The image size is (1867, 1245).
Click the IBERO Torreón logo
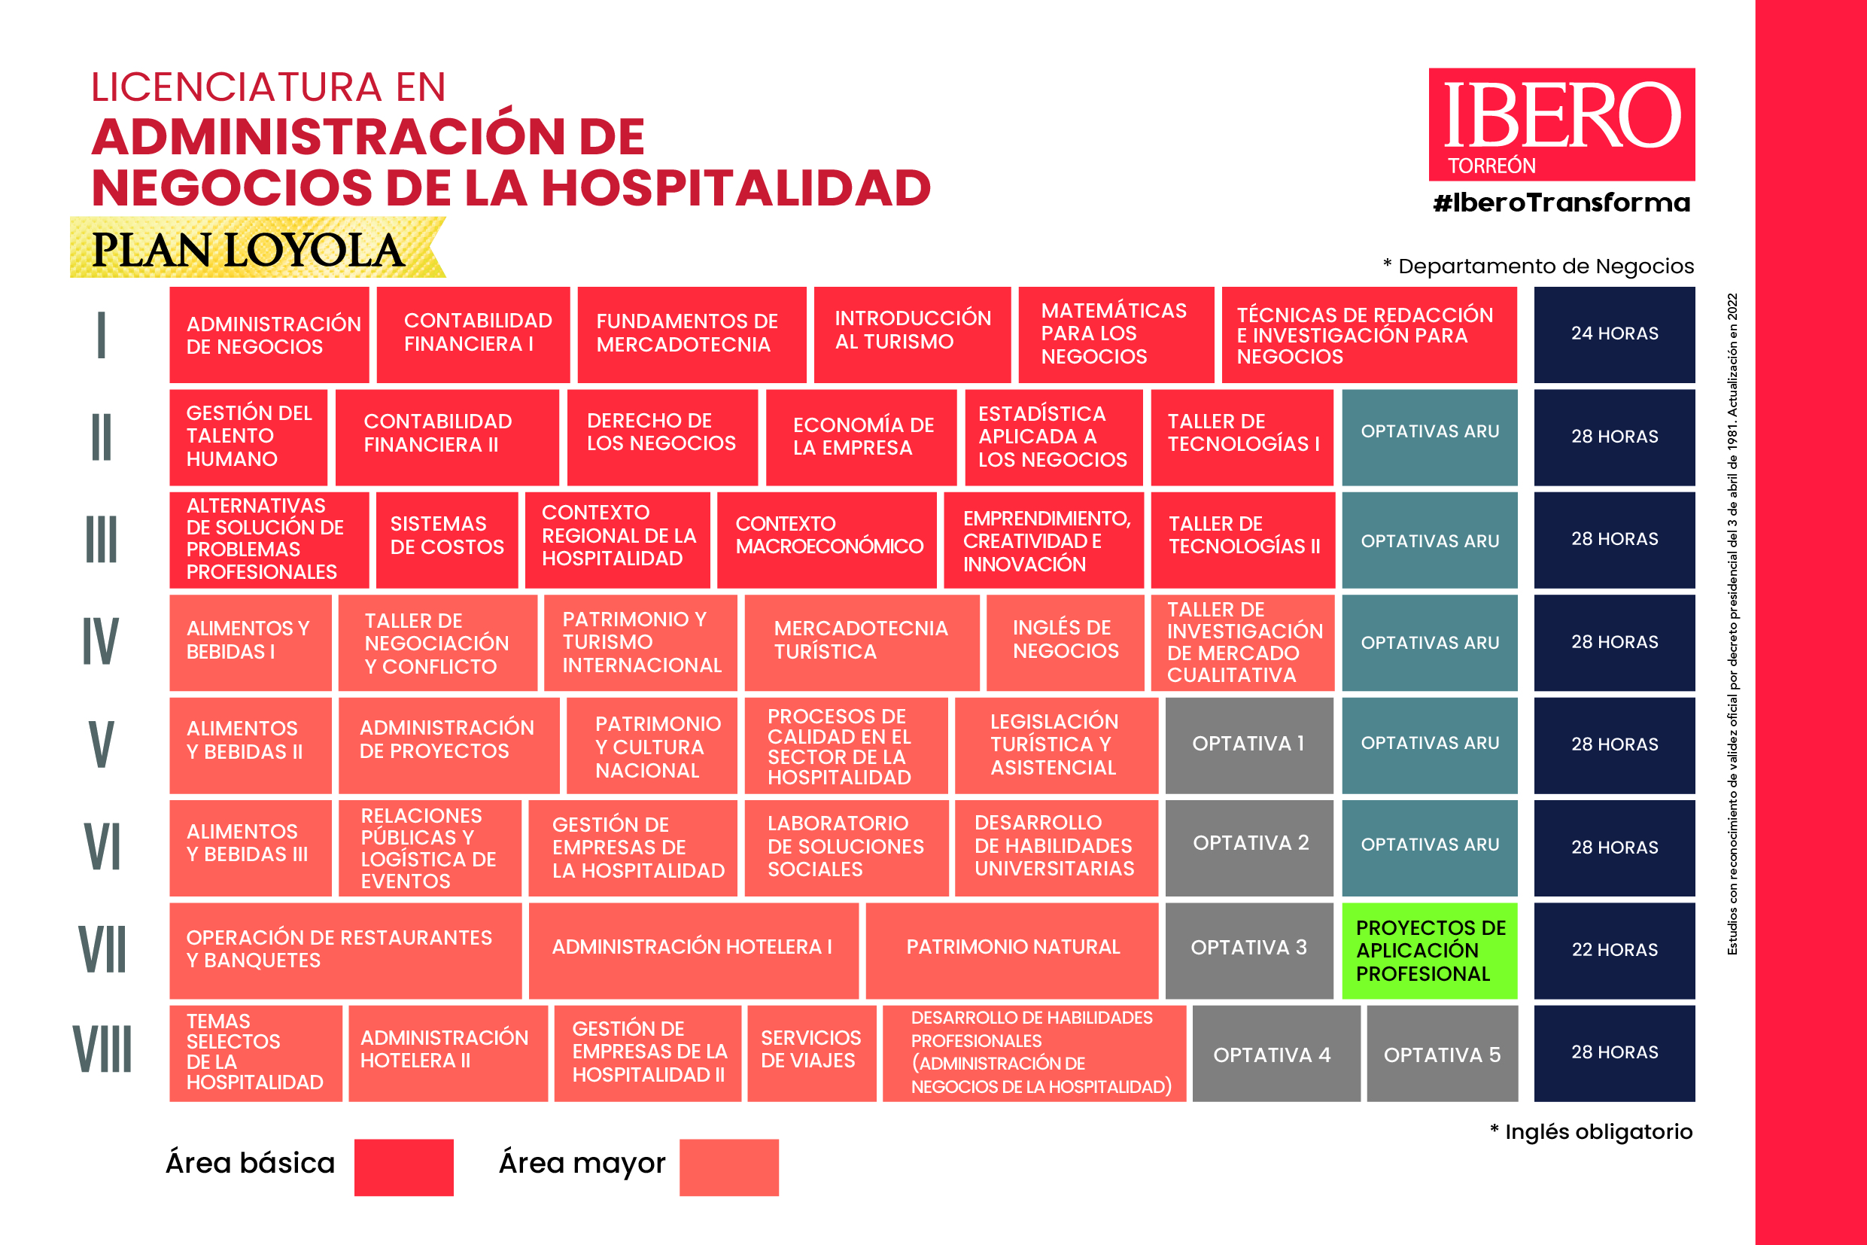pos(1561,125)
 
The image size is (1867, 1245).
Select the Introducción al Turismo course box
pos(912,334)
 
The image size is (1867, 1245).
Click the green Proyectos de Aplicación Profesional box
pos(1429,951)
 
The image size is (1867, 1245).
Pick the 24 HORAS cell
pos(1614,334)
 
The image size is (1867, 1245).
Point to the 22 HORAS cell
pos(1614,951)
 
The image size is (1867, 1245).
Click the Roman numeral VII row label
pos(102,951)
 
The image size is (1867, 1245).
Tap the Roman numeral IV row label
pos(101,642)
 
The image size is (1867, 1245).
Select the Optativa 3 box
pos(1248,951)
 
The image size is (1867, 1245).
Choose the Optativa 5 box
pos(1442,1054)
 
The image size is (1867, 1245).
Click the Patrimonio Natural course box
pos(1012,951)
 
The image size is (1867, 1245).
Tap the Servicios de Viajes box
pos(811,1054)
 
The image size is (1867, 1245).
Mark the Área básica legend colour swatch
pos(403,1167)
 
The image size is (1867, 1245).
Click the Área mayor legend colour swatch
pos(728,1167)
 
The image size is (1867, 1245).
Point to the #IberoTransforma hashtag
pos(1561,203)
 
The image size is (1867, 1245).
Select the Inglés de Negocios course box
pos(1065,642)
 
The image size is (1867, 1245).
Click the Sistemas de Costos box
pos(446,540)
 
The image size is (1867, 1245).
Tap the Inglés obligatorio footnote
pos(1591,1131)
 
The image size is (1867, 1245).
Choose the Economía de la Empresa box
pos(862,437)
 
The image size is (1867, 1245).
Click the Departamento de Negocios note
pos(1538,266)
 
